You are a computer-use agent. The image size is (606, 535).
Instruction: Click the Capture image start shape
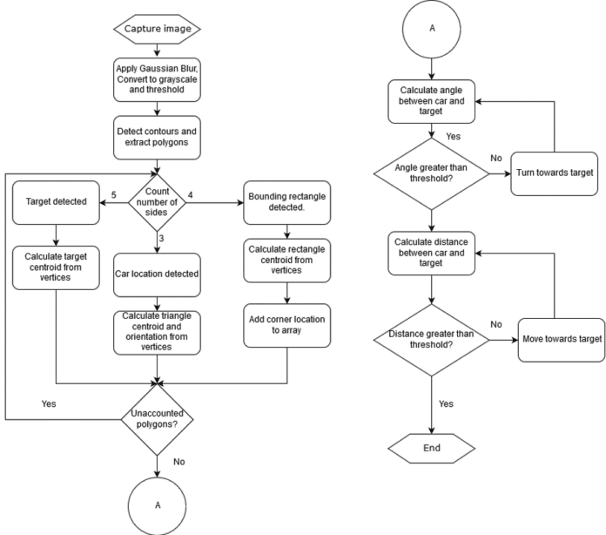tap(157, 28)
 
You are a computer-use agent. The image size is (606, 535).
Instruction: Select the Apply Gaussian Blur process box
tap(157, 80)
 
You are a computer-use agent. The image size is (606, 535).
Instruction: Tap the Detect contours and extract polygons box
tap(157, 136)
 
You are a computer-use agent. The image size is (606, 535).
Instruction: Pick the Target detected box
tap(57, 201)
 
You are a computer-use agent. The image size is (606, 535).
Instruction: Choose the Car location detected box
tap(157, 274)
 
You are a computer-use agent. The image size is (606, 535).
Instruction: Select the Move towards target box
tap(561, 337)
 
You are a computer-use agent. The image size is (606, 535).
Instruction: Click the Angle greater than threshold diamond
tap(431, 171)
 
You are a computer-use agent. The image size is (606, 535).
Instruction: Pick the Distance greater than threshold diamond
tap(431, 337)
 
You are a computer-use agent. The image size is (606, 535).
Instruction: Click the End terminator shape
tap(431, 449)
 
